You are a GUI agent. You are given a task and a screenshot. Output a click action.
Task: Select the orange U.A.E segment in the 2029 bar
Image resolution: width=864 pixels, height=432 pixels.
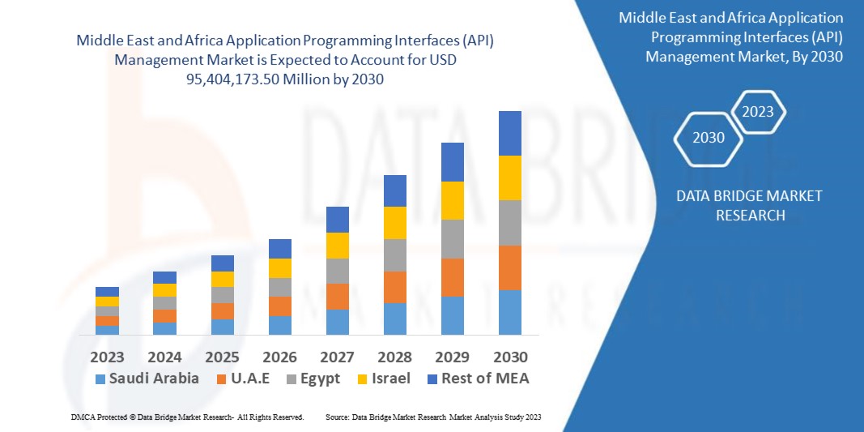[x=452, y=277]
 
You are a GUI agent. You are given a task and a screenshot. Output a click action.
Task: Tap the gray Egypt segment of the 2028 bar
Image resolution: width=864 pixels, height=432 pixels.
[x=394, y=254]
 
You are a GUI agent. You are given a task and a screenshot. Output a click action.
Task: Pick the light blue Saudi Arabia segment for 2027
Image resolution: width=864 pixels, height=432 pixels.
[x=337, y=322]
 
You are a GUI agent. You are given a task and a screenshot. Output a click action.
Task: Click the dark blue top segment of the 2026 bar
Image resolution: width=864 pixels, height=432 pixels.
[x=279, y=249]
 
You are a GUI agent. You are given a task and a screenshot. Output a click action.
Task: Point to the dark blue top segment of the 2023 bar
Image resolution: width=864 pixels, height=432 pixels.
[x=107, y=292]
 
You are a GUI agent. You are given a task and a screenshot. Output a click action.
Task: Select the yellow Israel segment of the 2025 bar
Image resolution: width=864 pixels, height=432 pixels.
[x=222, y=279]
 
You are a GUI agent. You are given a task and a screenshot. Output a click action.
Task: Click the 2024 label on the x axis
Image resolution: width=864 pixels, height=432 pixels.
[x=164, y=357]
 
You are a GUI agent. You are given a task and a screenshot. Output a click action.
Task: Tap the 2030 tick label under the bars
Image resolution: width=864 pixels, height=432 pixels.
[x=509, y=357]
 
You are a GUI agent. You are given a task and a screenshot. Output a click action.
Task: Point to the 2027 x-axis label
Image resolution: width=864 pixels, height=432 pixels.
[x=337, y=357]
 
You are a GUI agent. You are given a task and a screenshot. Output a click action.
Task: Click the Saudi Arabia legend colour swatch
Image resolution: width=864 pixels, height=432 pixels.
[x=100, y=379]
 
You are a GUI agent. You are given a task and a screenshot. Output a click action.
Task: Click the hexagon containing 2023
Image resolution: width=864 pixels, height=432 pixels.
[x=758, y=112]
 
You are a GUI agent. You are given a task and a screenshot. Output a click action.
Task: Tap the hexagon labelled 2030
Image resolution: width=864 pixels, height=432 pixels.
[x=709, y=138]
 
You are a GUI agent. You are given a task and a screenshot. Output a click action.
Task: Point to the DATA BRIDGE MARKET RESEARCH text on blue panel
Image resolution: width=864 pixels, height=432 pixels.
[x=737, y=205]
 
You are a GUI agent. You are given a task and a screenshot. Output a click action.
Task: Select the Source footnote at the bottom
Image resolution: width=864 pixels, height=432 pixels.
[x=432, y=417]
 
